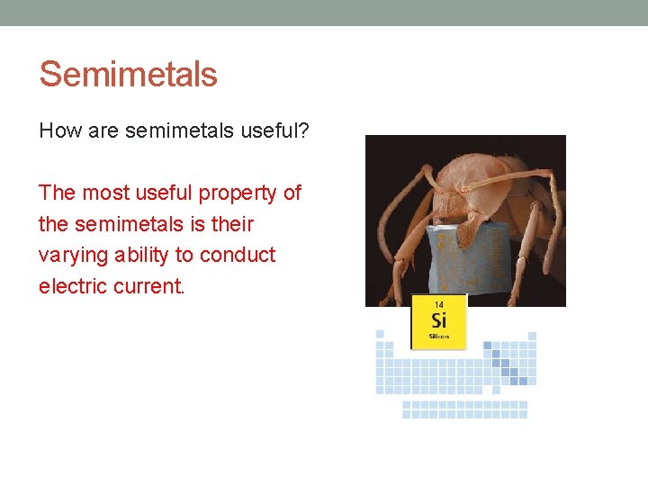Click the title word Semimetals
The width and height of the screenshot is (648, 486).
pyautogui.click(x=128, y=74)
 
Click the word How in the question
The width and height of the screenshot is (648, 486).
pyautogui.click(x=58, y=132)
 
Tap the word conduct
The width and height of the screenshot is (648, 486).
pyautogui.click(x=238, y=256)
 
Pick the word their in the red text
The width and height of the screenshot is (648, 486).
pyautogui.click(x=232, y=224)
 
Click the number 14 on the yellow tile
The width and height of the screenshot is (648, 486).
pyautogui.click(x=439, y=304)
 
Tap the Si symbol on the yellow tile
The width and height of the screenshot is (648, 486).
pyautogui.click(x=438, y=320)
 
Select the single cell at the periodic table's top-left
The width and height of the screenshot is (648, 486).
pyautogui.click(x=380, y=334)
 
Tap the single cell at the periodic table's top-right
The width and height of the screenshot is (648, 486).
pyautogui.click(x=532, y=334)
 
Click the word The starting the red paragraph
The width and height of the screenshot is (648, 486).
pyautogui.click(x=57, y=193)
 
